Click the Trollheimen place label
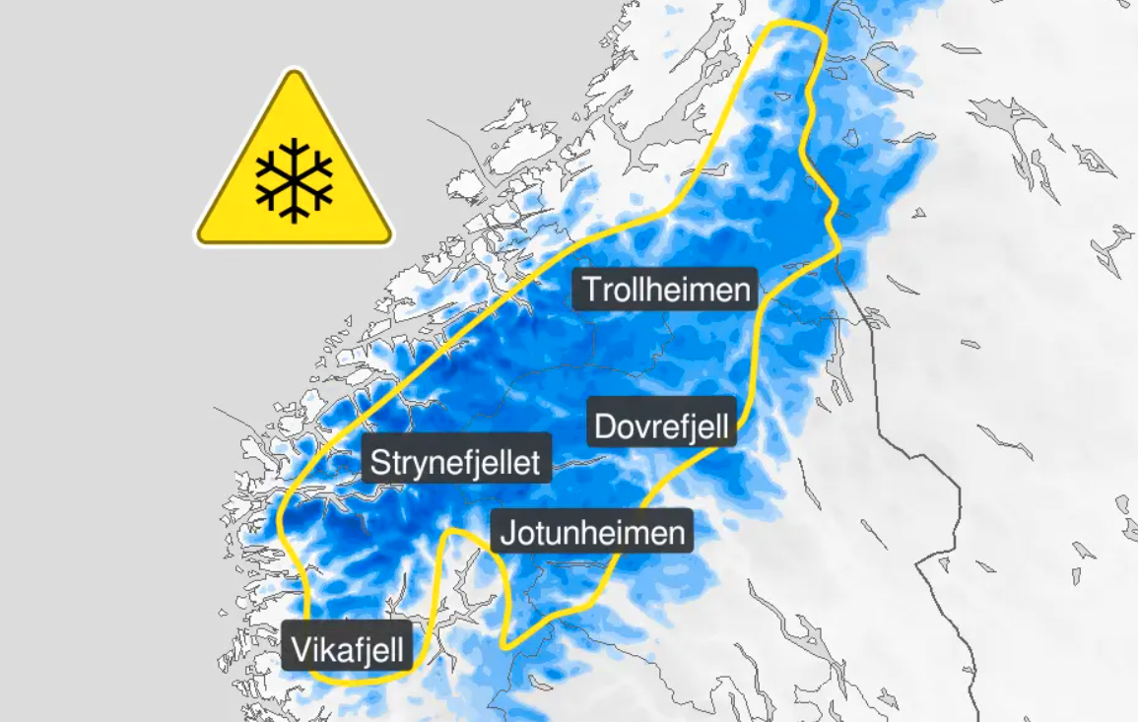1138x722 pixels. click(x=666, y=290)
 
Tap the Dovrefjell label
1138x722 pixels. click(x=662, y=427)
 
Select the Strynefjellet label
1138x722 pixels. click(x=456, y=461)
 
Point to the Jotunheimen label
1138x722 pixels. click(x=592, y=533)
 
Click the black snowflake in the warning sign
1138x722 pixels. click(x=294, y=179)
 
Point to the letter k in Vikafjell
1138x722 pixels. click(x=325, y=649)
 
